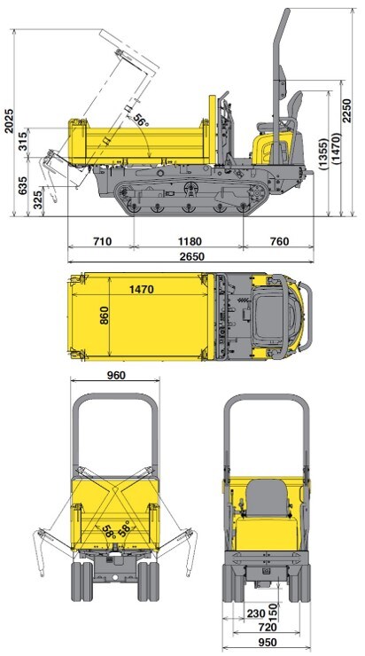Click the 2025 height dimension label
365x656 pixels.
pos(8,121)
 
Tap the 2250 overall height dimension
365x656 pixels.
pos(347,111)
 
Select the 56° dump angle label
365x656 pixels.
pos(142,120)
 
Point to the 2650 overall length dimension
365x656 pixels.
pos(192,256)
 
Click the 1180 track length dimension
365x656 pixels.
pos(190,241)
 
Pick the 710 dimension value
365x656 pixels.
pos(102,241)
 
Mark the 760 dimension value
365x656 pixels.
pos(279,241)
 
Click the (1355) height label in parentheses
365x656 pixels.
pos(323,153)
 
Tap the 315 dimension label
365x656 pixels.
pos(23,140)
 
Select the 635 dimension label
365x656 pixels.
pos(23,185)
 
